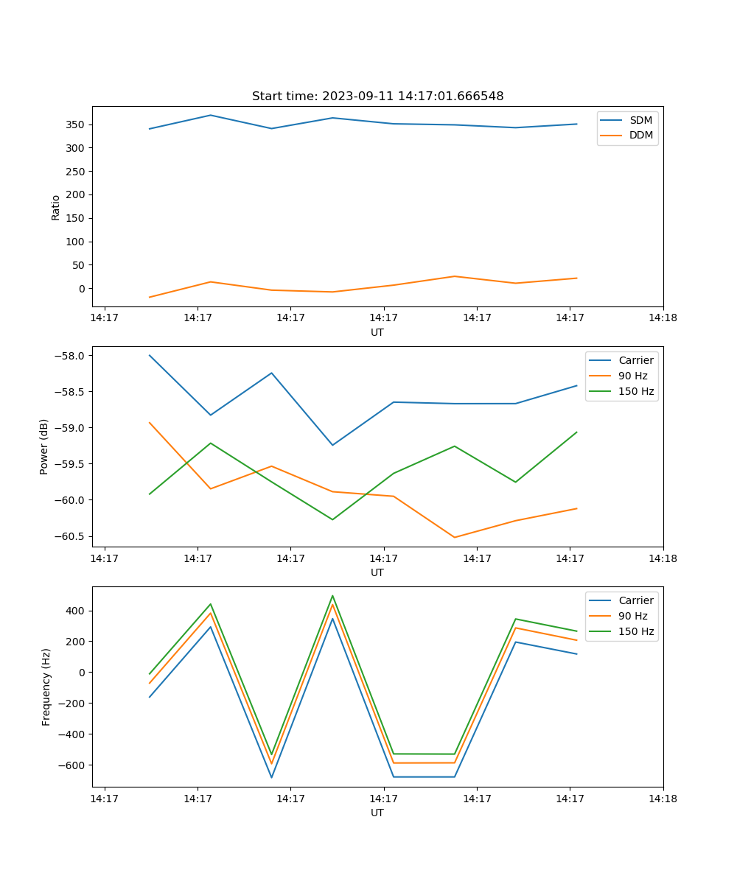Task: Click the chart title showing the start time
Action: coord(377,97)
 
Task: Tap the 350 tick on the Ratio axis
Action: coord(76,124)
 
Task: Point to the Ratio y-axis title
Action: coord(56,207)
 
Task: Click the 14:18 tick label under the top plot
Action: coord(663,318)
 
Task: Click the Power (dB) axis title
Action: coord(44,446)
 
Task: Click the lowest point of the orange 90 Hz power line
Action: coord(454,537)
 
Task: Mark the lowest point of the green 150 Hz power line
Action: coord(332,519)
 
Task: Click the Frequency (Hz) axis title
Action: coord(46,687)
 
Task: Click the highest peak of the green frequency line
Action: coord(332,596)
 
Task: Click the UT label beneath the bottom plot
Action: coord(377,813)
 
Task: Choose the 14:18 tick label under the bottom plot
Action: coord(663,799)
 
